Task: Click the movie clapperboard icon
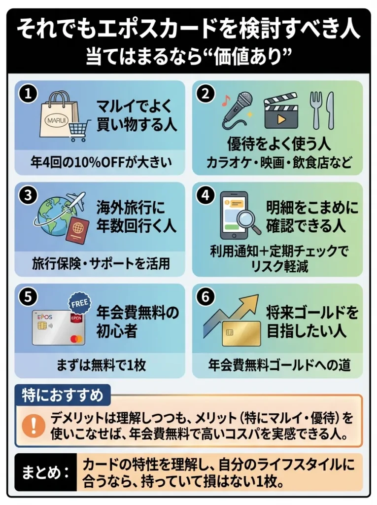coord(281,112)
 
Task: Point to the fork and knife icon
coord(322,110)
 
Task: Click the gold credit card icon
coord(236,333)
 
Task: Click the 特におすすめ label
coord(63,395)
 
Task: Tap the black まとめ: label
coord(45,472)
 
